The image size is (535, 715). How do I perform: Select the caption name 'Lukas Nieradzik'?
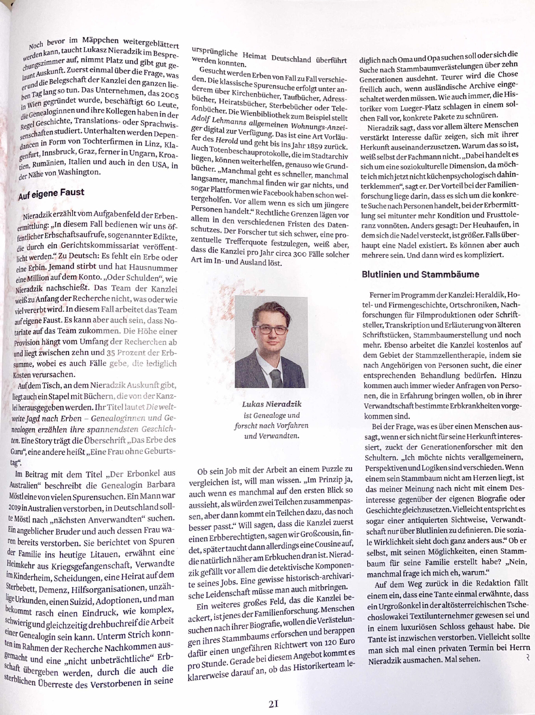(x=271, y=404)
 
